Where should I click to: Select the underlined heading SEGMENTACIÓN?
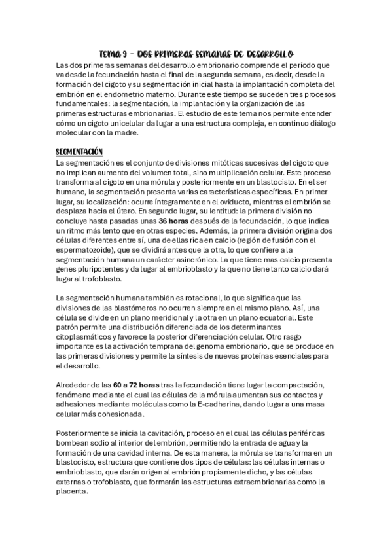80,151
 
